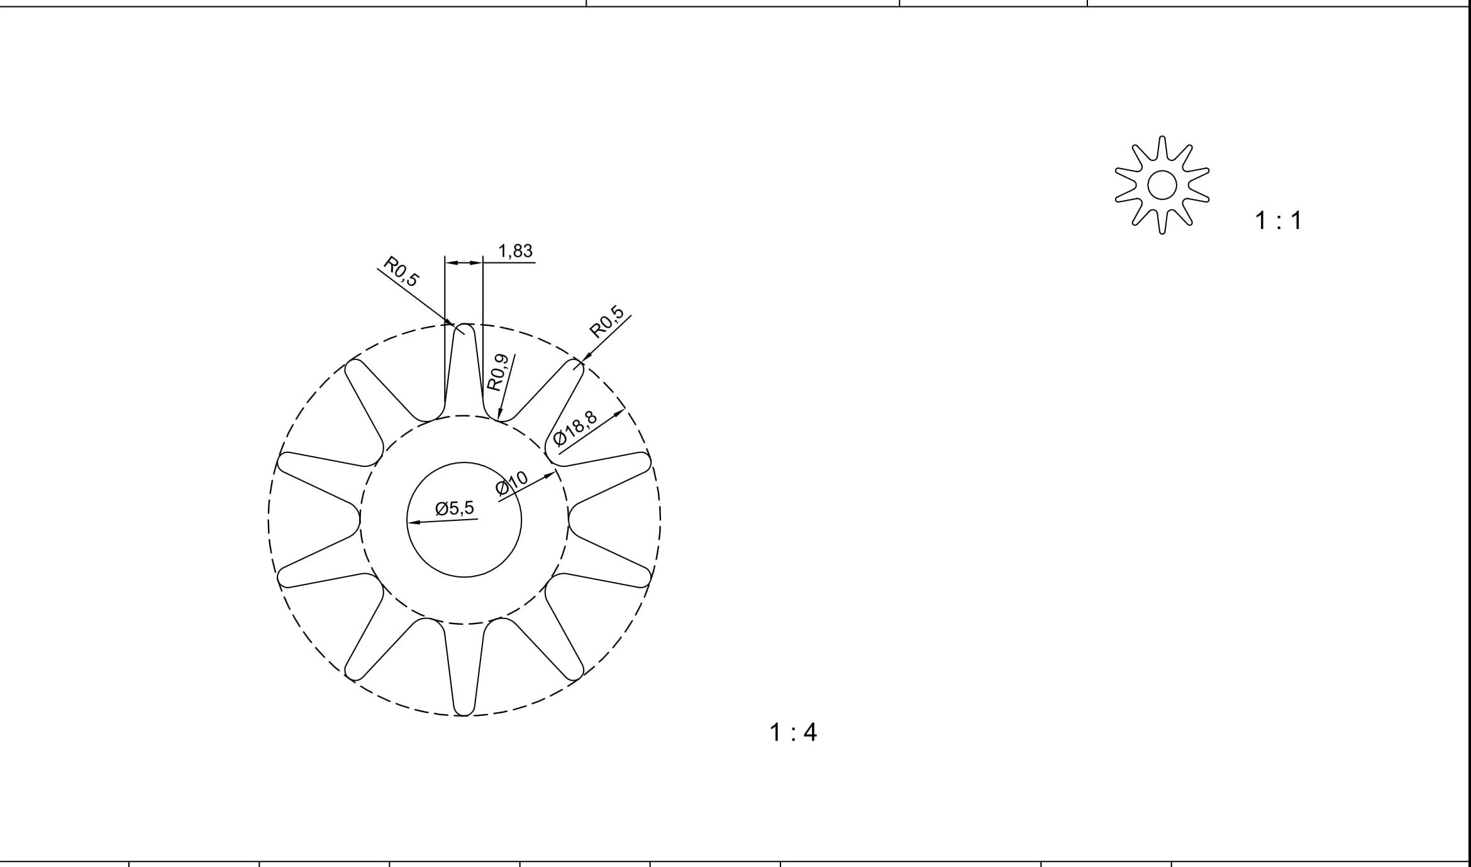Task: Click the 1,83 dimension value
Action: click(x=515, y=251)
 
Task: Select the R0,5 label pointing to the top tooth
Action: click(x=401, y=271)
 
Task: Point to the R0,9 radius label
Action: click(x=497, y=372)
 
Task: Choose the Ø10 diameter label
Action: click(x=511, y=483)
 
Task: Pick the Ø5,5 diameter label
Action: click(x=455, y=508)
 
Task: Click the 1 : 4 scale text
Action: click(x=793, y=732)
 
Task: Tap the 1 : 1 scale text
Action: click(x=1278, y=221)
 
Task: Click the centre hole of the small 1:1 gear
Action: click(x=1162, y=185)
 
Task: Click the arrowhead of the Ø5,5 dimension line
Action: click(x=413, y=522)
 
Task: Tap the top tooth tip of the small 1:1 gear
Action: click(x=1162, y=138)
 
